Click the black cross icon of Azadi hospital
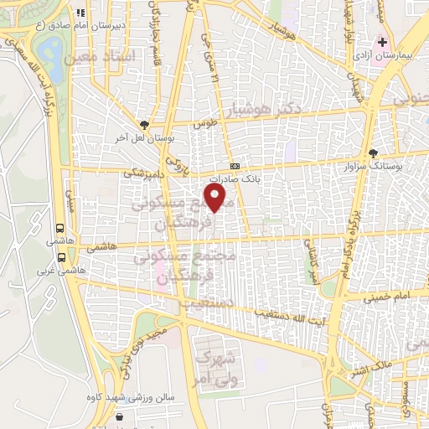point(383,40)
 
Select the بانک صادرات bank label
point(231,178)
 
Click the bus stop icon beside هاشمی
point(60,227)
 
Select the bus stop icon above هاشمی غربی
point(60,258)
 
